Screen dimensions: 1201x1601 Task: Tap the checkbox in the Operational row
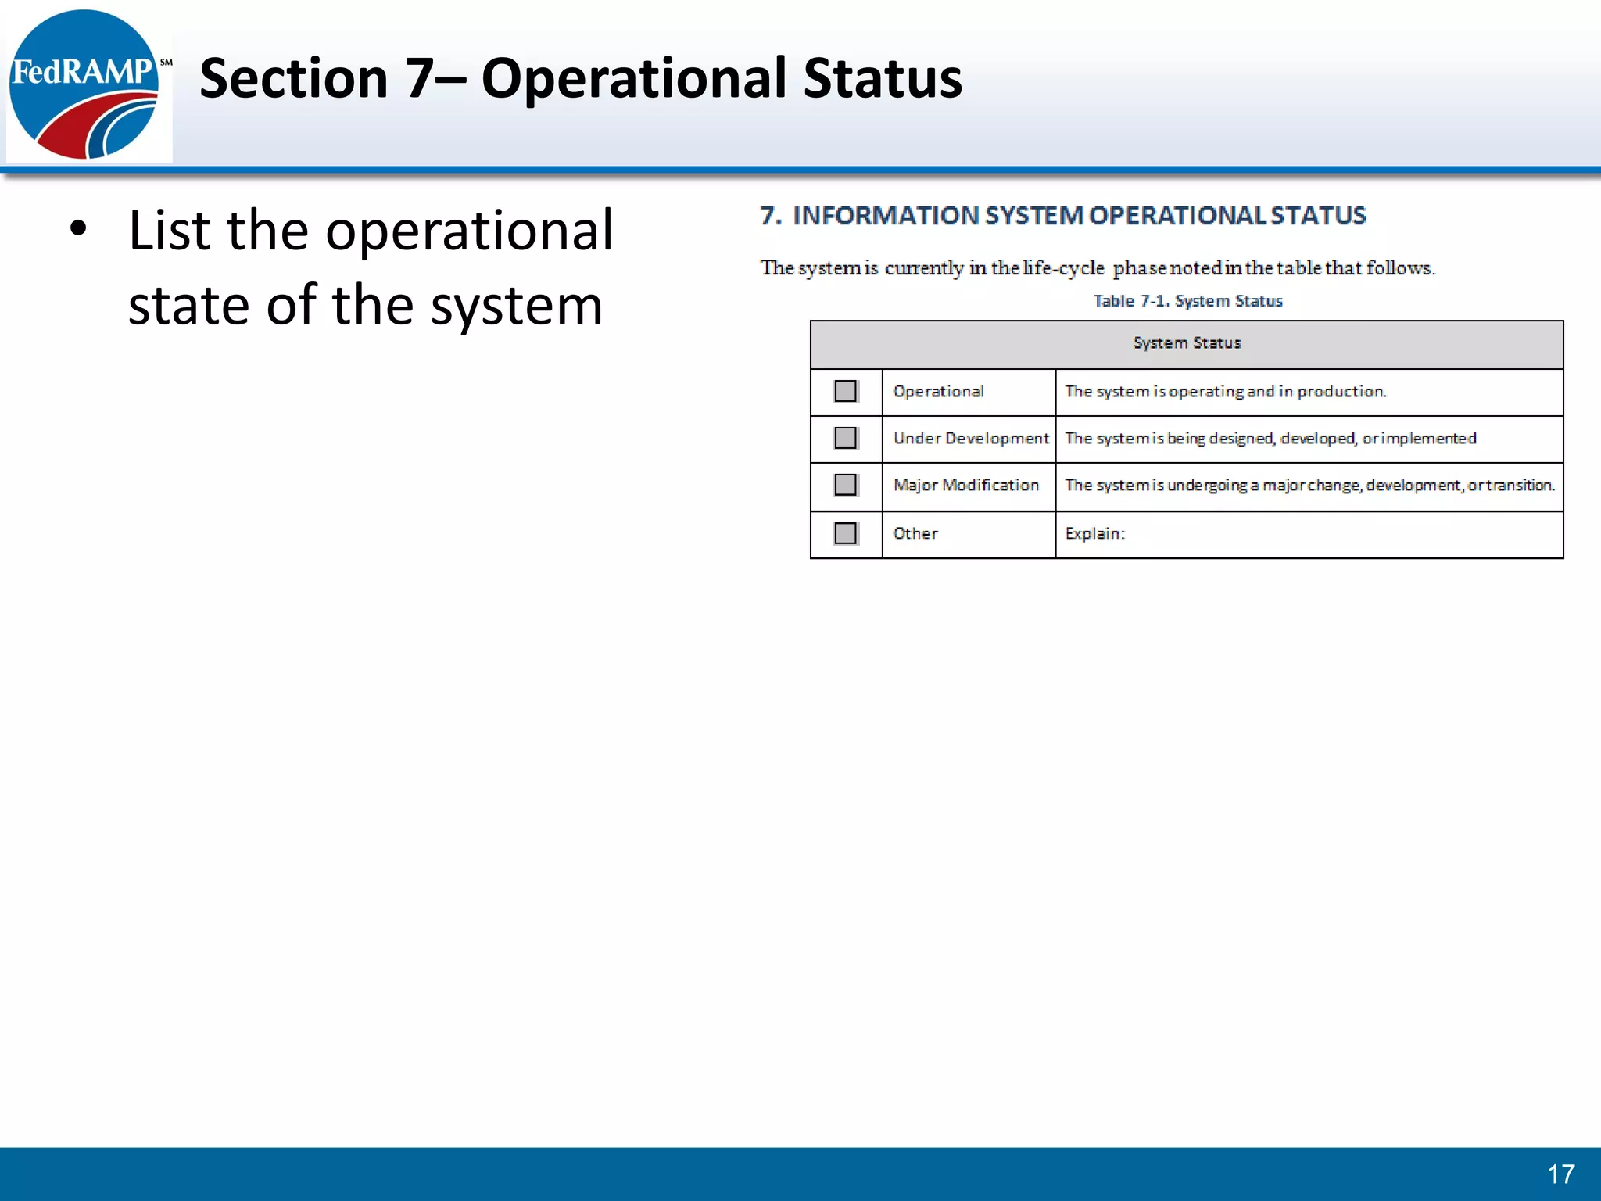(x=845, y=391)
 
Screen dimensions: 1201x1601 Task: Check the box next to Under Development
(x=845, y=438)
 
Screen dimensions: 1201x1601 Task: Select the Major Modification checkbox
(x=845, y=485)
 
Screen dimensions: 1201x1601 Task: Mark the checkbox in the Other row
(x=845, y=533)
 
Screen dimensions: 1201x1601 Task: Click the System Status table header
(x=1186, y=343)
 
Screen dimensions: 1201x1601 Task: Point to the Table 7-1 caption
(x=1187, y=301)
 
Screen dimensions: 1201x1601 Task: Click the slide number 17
(x=1560, y=1174)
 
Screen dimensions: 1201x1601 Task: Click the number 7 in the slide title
(x=420, y=79)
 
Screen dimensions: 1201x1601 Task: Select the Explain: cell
(x=1094, y=533)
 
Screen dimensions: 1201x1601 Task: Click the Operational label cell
(x=938, y=391)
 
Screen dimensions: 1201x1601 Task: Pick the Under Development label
(x=970, y=438)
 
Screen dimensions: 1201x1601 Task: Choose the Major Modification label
(x=965, y=485)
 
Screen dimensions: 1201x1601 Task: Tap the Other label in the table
(x=915, y=533)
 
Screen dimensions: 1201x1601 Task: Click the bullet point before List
(x=77, y=230)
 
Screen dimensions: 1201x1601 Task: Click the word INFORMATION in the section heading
(x=886, y=216)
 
